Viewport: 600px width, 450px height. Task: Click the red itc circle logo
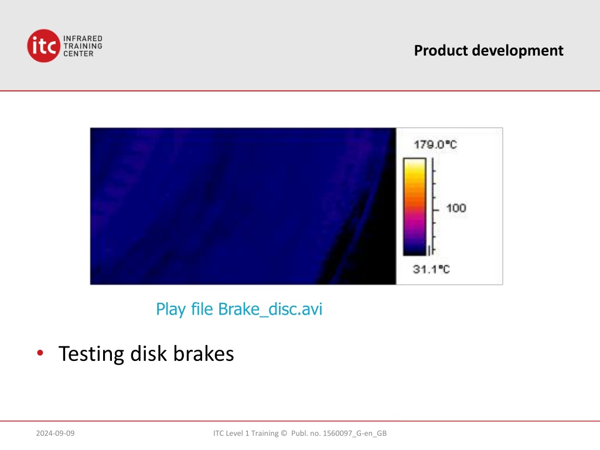[x=43, y=46]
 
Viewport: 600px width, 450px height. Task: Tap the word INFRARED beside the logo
[x=83, y=39]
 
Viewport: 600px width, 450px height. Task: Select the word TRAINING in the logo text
[x=83, y=46]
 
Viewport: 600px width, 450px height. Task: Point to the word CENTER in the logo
[x=79, y=53]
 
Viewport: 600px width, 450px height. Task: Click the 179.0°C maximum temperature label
[x=435, y=145]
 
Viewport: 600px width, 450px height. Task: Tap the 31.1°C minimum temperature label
[x=431, y=270]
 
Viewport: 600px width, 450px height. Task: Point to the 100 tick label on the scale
[x=456, y=208]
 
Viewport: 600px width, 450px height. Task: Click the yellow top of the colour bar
[x=415, y=165]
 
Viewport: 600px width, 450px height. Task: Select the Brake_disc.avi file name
[x=270, y=309]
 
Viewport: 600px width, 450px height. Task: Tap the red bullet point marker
[x=40, y=353]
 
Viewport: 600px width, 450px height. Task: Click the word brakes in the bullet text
[x=203, y=353]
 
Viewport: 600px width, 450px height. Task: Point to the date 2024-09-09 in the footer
[x=55, y=433]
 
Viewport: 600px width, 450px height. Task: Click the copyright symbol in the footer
[x=284, y=433]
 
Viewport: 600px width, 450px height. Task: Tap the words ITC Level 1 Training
[x=246, y=433]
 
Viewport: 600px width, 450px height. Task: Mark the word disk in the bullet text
[x=148, y=353]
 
